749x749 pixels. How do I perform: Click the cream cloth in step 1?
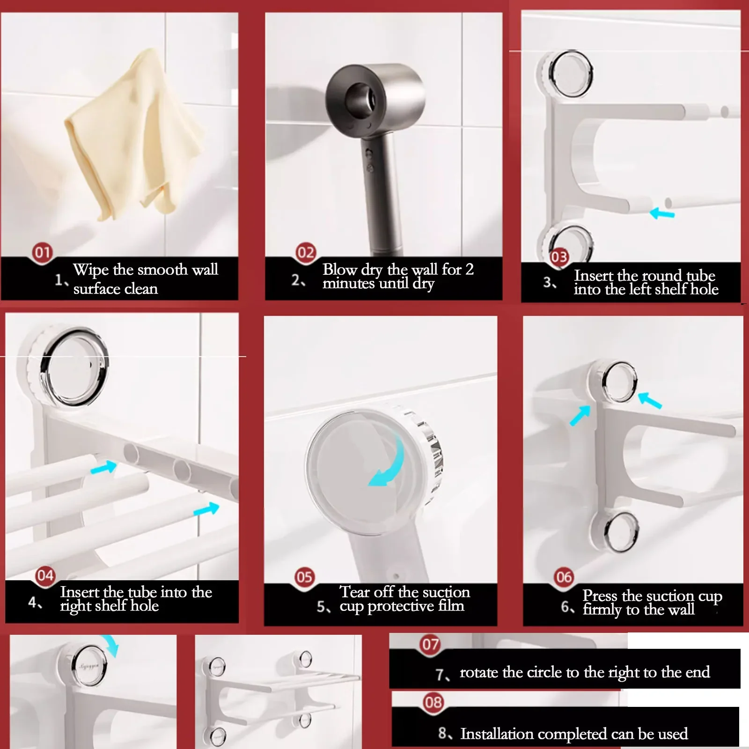[136, 136]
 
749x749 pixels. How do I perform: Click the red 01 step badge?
[42, 253]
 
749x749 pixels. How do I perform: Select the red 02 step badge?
[306, 253]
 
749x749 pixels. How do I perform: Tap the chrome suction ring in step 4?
[77, 365]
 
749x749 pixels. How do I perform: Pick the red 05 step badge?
[304, 577]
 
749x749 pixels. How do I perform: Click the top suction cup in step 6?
[619, 382]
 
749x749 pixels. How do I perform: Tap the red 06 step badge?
[564, 577]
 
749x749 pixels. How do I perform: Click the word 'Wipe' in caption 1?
[91, 270]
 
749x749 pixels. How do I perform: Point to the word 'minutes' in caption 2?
[348, 284]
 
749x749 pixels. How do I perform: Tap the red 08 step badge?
[433, 702]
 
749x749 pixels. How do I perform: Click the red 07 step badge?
[431, 645]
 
